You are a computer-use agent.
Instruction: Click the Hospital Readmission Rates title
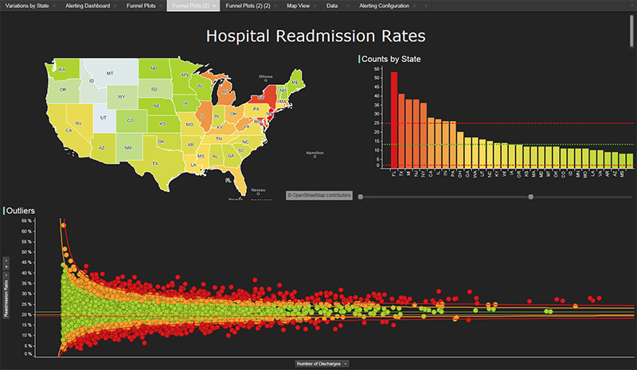315,36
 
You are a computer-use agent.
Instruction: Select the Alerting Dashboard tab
88,6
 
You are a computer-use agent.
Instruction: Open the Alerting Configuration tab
384,6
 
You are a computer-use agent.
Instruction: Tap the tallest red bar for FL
393,119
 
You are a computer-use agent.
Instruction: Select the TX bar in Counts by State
401,131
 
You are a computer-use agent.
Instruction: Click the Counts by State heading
391,59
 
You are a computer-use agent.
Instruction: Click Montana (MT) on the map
111,72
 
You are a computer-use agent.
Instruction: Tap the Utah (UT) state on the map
104,117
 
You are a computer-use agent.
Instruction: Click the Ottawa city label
266,77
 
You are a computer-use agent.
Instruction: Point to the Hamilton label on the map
316,153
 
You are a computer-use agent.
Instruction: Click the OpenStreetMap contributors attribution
318,194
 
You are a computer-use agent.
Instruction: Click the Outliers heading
22,210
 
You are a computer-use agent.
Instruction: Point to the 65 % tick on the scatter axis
25,220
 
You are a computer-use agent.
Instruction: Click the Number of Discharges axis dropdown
322,363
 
